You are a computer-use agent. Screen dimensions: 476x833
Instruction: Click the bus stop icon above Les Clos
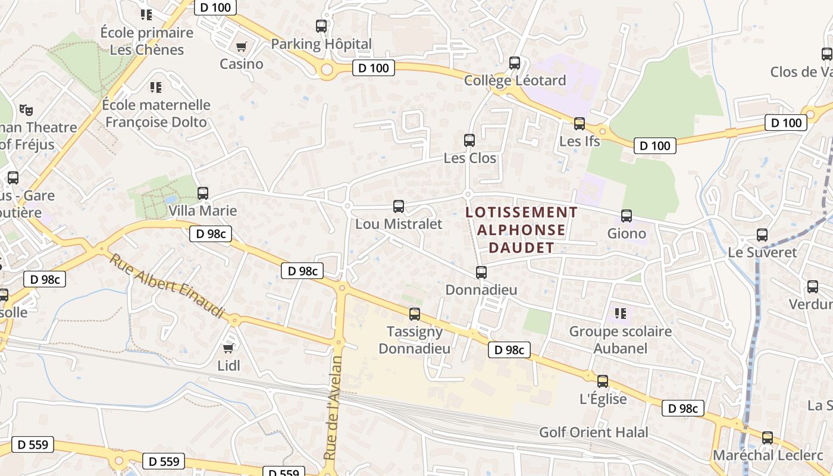(469, 140)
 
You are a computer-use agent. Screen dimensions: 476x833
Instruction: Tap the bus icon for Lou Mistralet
(399, 206)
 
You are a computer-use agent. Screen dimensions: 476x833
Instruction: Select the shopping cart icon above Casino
(242, 46)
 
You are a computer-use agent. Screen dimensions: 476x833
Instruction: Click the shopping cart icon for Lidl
(228, 348)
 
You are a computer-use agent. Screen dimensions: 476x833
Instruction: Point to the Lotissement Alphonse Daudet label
(521, 230)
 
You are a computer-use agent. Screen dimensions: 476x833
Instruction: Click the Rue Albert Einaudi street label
(167, 286)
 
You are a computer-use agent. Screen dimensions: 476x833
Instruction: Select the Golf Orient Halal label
(593, 433)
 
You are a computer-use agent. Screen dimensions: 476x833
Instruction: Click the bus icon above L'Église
(603, 381)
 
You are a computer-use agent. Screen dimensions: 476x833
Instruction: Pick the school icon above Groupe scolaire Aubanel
(621, 313)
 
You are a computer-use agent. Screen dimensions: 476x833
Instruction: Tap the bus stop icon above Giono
(627, 216)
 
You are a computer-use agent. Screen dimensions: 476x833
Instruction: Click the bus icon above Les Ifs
(580, 124)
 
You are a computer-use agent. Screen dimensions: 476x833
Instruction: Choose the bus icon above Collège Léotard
(515, 62)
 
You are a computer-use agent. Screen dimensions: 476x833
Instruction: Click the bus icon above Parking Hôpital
(321, 26)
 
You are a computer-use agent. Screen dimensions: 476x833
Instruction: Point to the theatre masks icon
(26, 109)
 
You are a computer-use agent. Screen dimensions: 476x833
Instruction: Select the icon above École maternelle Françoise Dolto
(156, 87)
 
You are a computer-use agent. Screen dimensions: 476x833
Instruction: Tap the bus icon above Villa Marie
(203, 193)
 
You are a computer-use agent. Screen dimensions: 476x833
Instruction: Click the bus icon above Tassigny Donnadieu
(415, 314)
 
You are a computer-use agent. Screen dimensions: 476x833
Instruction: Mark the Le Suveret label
(762, 252)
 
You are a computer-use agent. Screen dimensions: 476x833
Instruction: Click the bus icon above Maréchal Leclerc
(768, 438)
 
